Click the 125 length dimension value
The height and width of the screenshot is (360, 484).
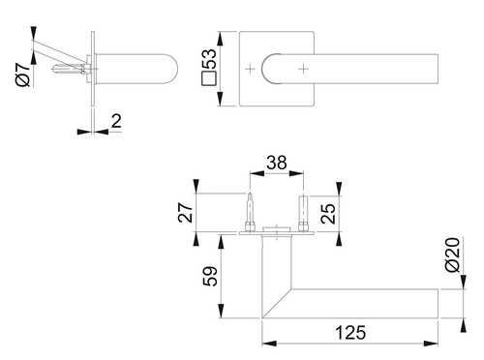(350, 333)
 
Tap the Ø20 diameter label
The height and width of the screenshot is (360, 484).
(452, 255)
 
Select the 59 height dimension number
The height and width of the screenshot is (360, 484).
(210, 276)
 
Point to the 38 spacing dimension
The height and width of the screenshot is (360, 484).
(277, 163)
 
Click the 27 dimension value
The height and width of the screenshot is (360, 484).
(186, 213)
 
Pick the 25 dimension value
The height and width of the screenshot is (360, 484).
(328, 214)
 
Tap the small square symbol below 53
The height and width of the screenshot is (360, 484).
(208, 78)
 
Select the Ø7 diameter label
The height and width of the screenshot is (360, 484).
(23, 75)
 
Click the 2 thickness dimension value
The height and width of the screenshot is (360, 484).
(116, 121)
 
